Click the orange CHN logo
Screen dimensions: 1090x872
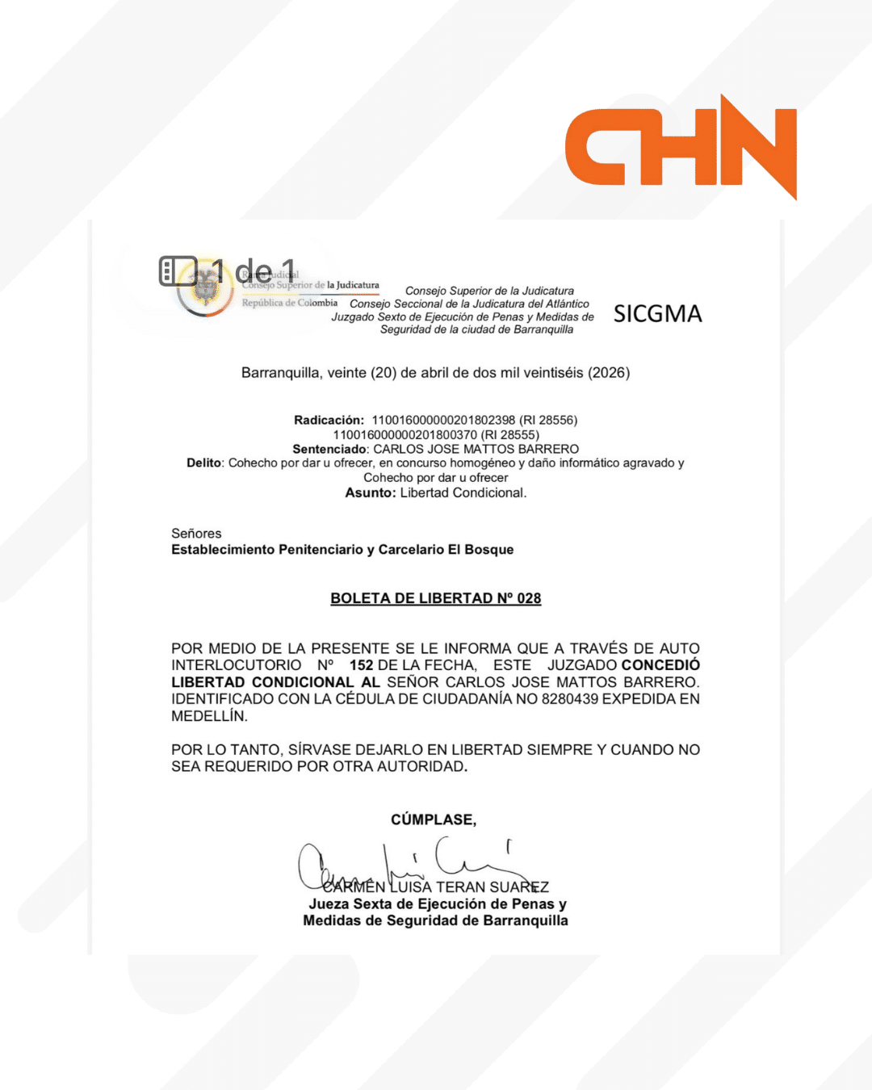click(680, 147)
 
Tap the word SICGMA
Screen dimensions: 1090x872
click(657, 314)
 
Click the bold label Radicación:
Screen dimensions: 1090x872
click(329, 420)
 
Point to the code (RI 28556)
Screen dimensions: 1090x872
click(548, 420)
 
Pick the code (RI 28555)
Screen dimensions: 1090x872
click(510, 434)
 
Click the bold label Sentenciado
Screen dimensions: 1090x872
click(329, 449)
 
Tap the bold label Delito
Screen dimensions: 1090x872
click(203, 463)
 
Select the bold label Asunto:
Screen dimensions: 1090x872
click(371, 493)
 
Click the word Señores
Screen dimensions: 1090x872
click(196, 534)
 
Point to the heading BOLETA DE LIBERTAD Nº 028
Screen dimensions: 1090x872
click(435, 598)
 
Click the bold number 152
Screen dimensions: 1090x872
click(361, 665)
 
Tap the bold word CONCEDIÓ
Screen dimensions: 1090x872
click(660, 665)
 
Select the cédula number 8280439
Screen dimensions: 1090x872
click(570, 699)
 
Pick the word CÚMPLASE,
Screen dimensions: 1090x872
click(434, 820)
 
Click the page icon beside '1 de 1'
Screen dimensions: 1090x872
click(178, 271)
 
